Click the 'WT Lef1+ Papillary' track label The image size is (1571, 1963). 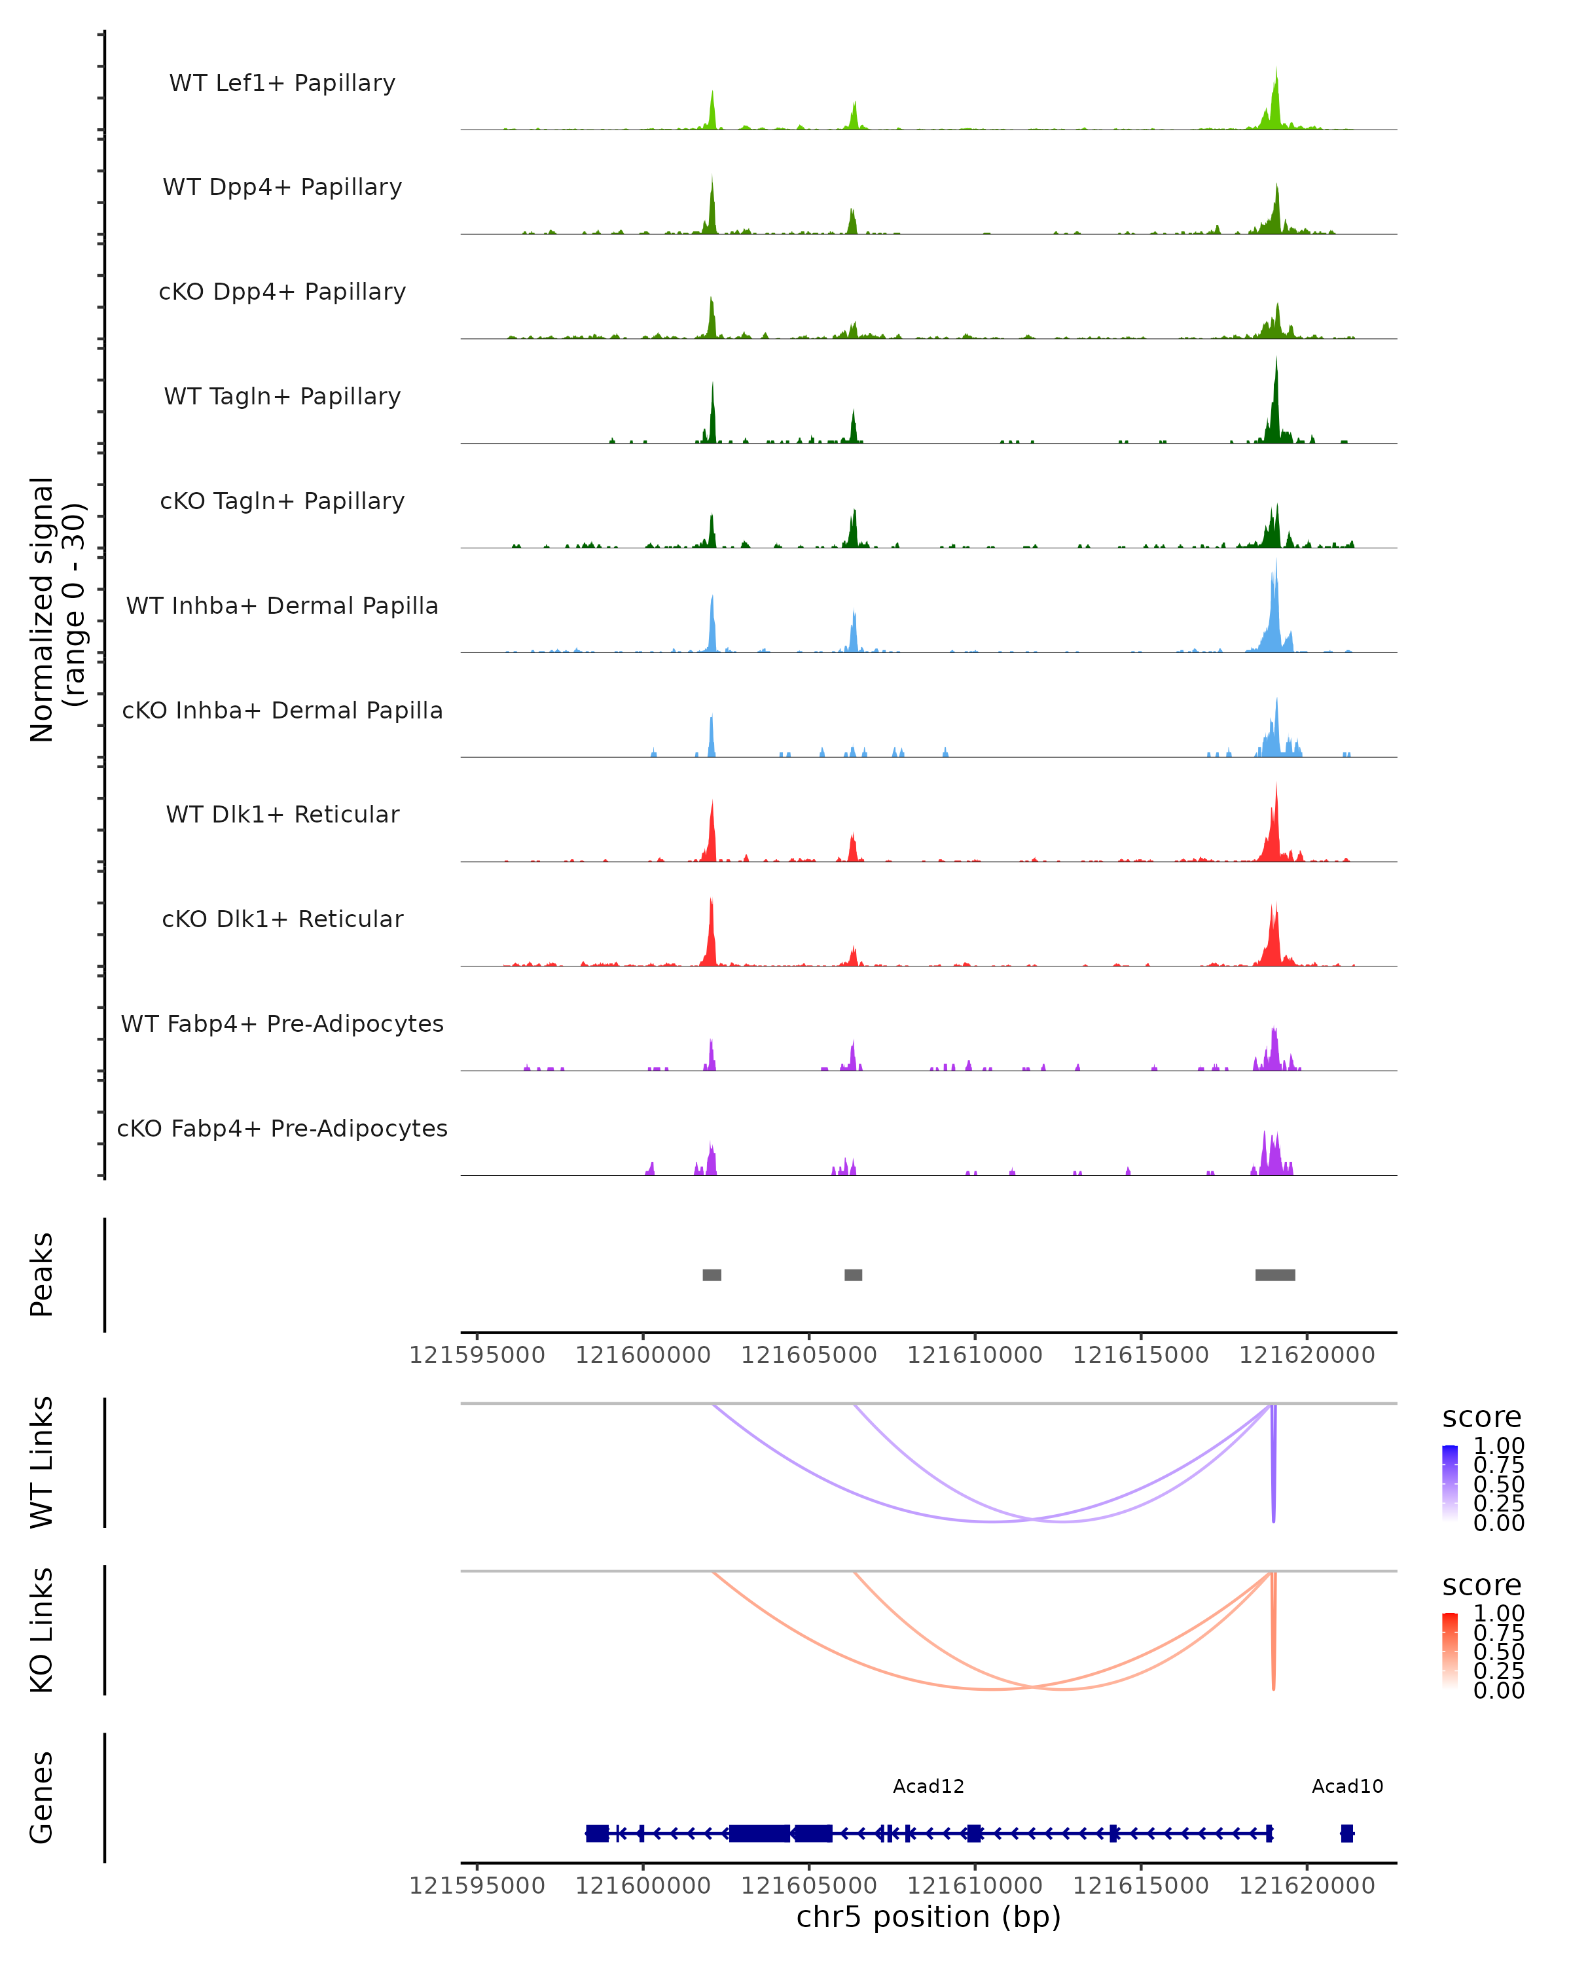[282, 83]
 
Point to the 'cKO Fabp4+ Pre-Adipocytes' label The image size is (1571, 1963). [282, 1128]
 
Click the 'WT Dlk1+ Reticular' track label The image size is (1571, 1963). [282, 814]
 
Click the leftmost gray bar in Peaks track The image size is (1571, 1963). [712, 1275]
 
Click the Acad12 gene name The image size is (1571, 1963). [928, 1786]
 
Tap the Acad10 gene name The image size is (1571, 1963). [1347, 1786]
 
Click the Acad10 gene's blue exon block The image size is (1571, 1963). [1347, 1833]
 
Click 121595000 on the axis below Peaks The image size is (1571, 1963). [477, 1355]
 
